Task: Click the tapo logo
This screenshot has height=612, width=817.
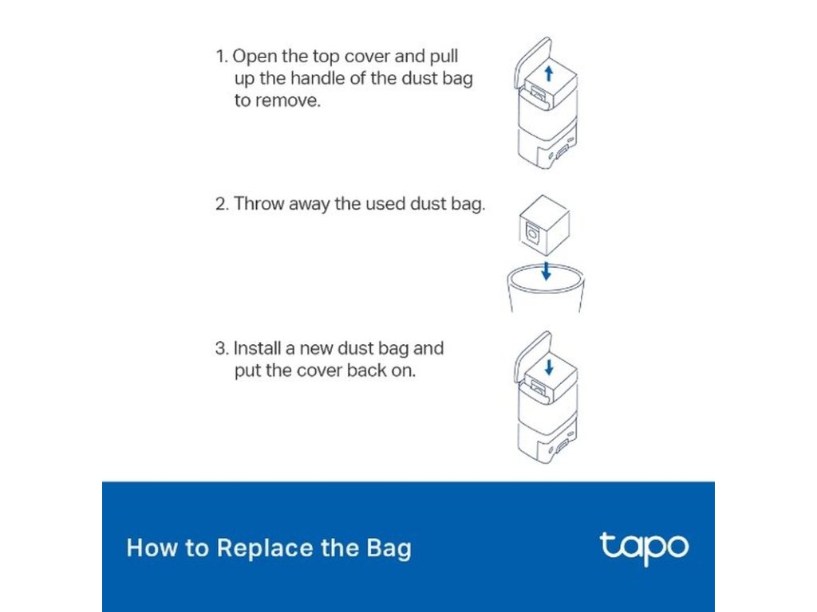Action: click(x=644, y=548)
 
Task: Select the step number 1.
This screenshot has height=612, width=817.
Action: click(x=222, y=57)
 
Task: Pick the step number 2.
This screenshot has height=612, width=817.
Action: click(x=222, y=203)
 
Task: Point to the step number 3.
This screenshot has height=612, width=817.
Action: click(x=222, y=348)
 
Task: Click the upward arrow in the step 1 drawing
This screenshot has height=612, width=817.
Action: click(x=548, y=73)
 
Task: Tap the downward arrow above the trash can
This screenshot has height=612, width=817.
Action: click(x=546, y=271)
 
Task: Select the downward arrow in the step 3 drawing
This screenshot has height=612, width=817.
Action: click(x=549, y=367)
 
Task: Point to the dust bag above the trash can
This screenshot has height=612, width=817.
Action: click(x=544, y=225)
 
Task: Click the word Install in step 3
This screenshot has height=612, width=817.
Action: click(x=257, y=348)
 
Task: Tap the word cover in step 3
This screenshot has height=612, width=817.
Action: click(x=321, y=371)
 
